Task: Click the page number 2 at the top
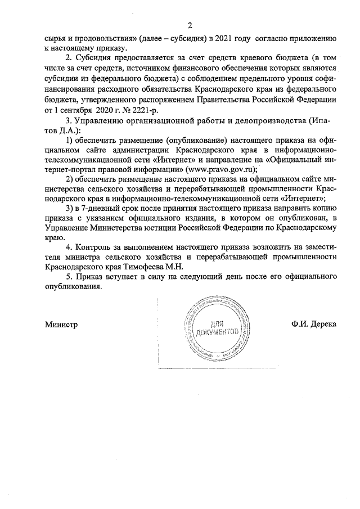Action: pyautogui.click(x=190, y=25)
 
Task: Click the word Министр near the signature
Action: pyautogui.click(x=61, y=325)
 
